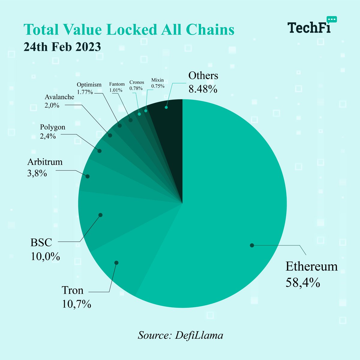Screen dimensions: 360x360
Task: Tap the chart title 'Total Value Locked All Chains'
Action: tap(129, 30)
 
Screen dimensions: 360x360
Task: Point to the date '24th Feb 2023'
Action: tap(62, 47)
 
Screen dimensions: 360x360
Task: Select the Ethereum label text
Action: tap(311, 266)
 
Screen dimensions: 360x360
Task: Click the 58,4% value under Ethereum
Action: tap(302, 283)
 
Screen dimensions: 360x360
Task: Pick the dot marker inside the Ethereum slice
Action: tap(252, 245)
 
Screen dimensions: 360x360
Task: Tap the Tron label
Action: tap(72, 290)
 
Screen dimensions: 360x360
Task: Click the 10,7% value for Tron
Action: tap(76, 304)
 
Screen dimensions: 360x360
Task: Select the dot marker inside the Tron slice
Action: tap(117, 262)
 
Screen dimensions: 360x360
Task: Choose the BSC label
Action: tap(41, 242)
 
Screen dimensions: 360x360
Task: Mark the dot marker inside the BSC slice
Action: tap(100, 215)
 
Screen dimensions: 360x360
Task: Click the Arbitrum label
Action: tap(45, 162)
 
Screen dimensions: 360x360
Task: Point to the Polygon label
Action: tap(52, 127)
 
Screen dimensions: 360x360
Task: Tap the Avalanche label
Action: tap(59, 97)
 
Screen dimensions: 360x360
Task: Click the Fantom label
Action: tap(117, 84)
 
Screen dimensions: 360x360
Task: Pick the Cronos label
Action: tap(136, 82)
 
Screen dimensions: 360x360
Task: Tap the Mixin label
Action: tap(157, 80)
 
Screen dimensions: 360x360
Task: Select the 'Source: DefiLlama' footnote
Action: tap(180, 335)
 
